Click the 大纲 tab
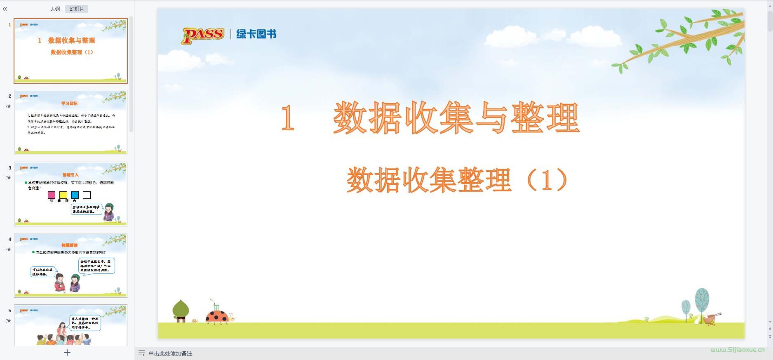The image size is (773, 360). pos(55,9)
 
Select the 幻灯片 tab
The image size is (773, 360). pos(77,9)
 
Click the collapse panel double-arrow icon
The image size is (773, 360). pos(5,9)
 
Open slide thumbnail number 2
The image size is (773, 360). pos(70,122)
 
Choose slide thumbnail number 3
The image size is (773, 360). pos(70,194)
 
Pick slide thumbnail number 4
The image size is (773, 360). pos(70,265)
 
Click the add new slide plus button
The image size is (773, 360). pos(67,353)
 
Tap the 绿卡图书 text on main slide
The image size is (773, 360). pos(256,34)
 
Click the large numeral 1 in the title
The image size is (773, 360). pos(287,118)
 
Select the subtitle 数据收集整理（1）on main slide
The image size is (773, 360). pos(458,180)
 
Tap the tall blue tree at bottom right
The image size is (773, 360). pos(702,302)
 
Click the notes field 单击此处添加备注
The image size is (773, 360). pos(170,353)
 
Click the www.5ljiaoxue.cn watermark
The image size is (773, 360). pos(737,350)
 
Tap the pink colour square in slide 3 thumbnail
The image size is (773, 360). pos(52,195)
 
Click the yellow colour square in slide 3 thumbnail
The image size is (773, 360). pos(63,195)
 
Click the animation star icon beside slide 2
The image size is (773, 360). pos(9,106)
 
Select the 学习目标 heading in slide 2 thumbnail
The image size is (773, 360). pos(69,104)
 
